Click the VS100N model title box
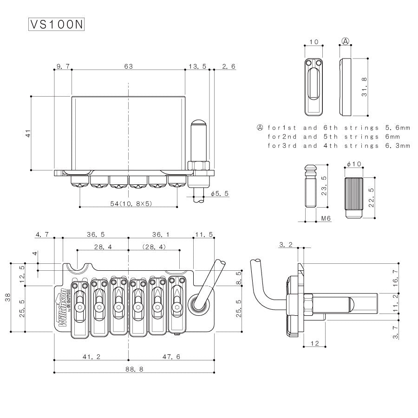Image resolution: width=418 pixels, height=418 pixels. [x=57, y=25]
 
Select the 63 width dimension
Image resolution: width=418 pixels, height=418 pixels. [x=128, y=66]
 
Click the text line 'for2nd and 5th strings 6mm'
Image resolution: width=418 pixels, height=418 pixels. [x=333, y=137]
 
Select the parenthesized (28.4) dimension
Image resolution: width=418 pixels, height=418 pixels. [x=154, y=248]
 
